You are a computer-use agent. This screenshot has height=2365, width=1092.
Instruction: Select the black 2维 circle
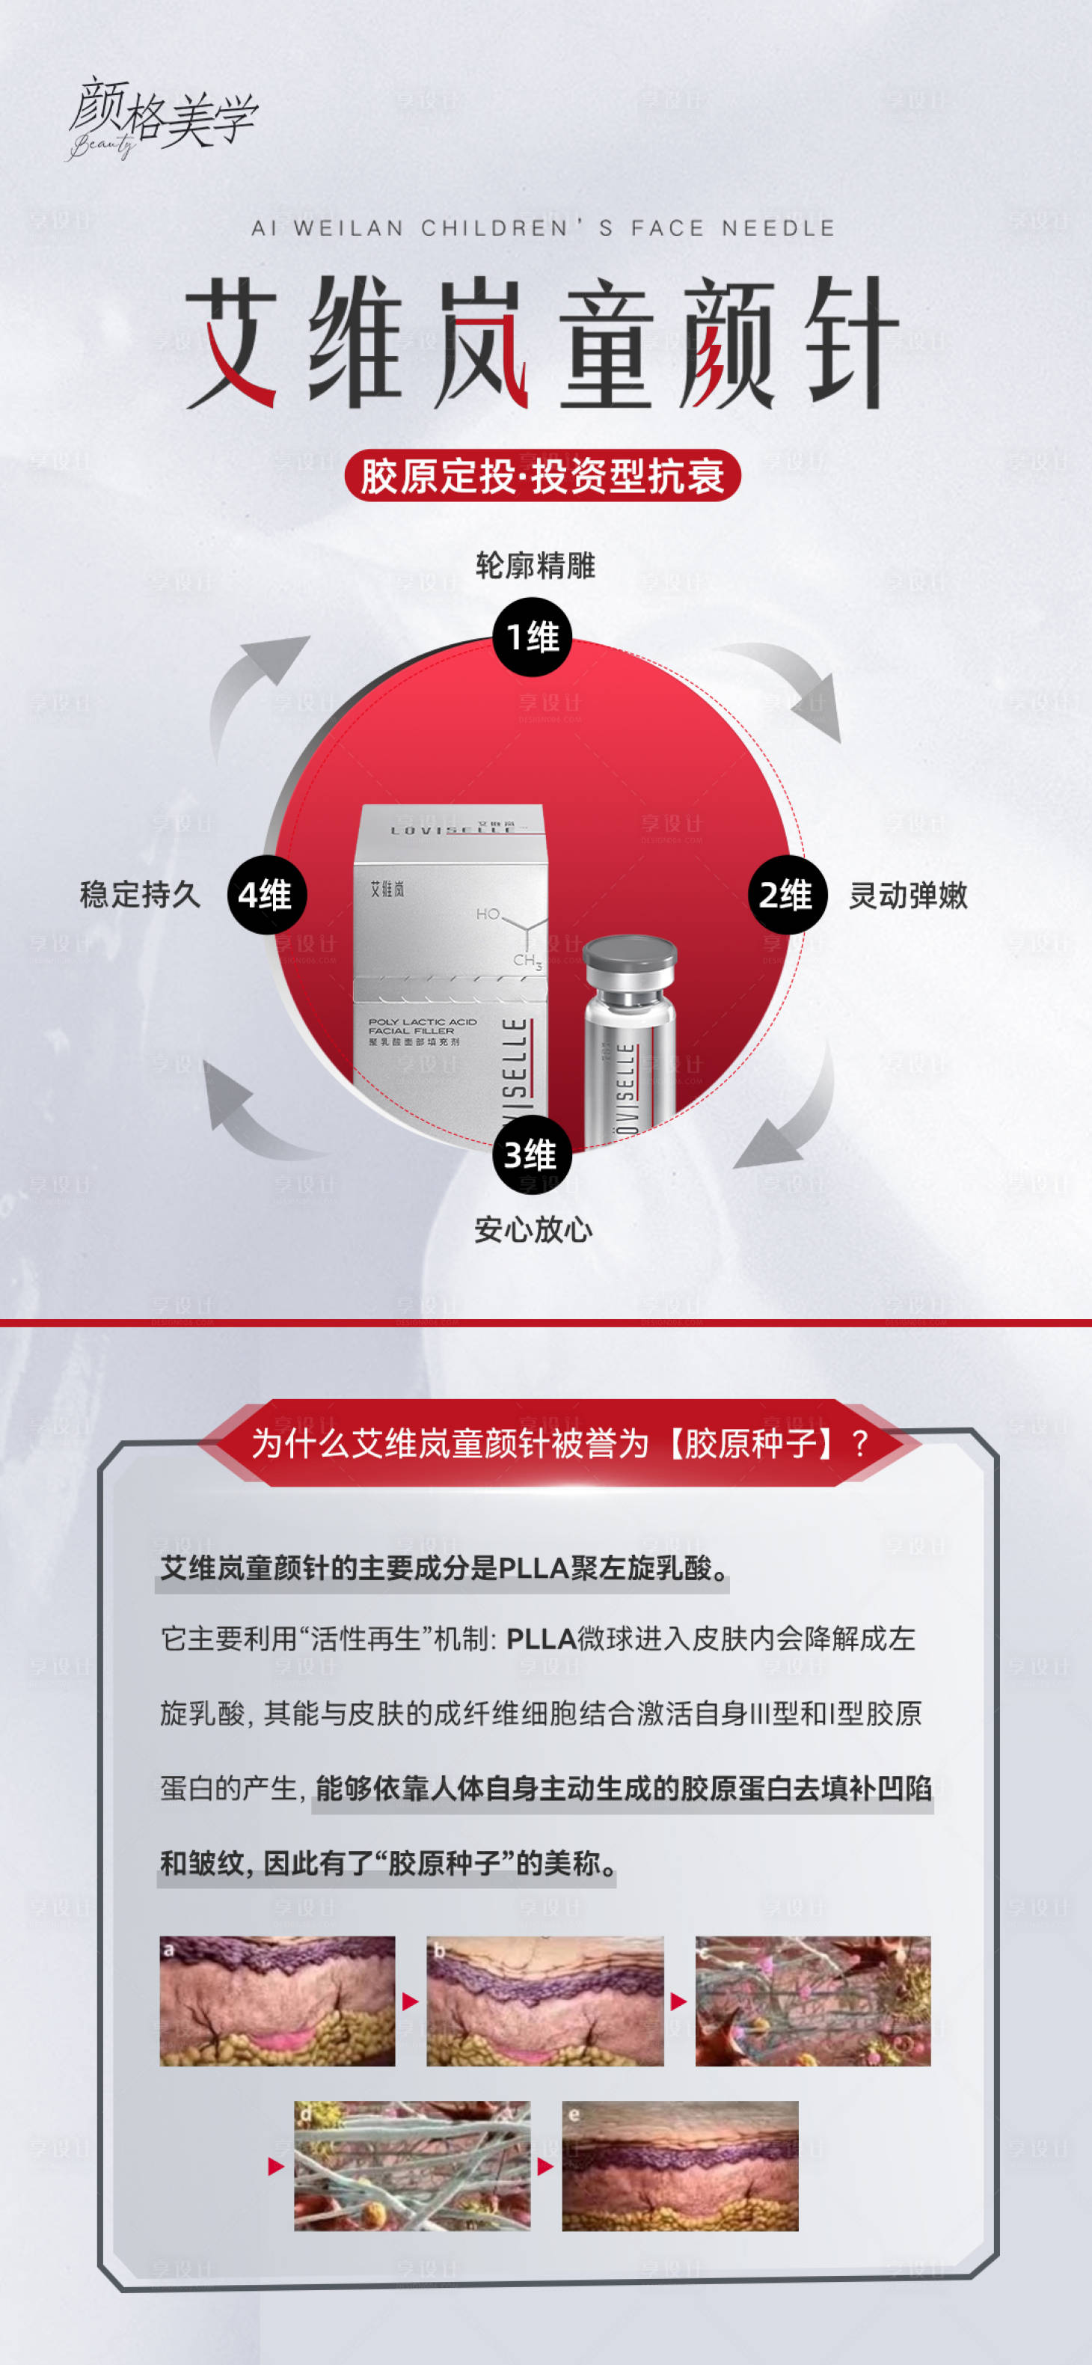[x=786, y=895]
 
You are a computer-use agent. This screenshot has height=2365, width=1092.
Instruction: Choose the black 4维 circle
[x=266, y=895]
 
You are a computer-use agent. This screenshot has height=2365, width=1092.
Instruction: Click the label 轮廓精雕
[x=535, y=566]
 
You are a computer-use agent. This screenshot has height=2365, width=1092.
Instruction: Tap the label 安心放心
[x=533, y=1229]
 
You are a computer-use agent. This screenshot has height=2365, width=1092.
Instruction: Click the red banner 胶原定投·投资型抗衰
[x=542, y=476]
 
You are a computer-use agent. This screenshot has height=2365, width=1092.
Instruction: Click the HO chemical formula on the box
[x=488, y=914]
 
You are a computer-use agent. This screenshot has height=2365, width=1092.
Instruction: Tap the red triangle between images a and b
[x=410, y=2001]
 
